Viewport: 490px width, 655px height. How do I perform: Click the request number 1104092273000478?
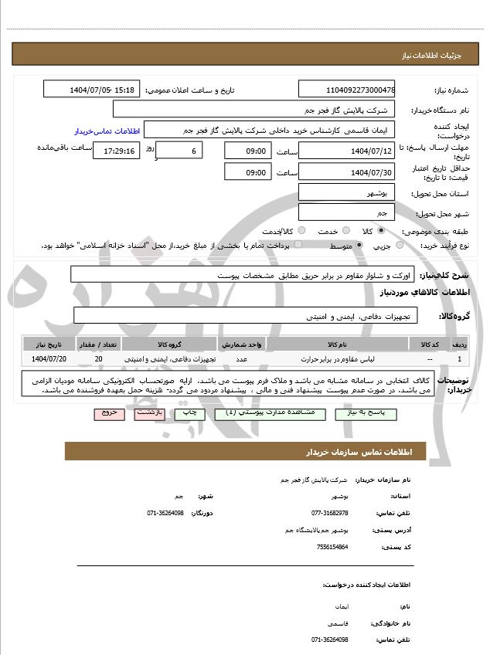pyautogui.click(x=346, y=90)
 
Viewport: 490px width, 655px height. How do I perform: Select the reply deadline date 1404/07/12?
pyautogui.click(x=346, y=151)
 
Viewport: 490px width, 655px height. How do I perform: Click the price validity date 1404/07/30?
pyautogui.click(x=346, y=172)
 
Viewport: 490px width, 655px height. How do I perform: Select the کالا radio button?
pyautogui.click(x=381, y=230)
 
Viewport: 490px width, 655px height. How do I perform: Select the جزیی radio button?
pyautogui.click(x=400, y=245)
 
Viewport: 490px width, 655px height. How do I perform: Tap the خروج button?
pyautogui.click(x=108, y=413)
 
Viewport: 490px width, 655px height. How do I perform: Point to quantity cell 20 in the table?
pyautogui.click(x=98, y=359)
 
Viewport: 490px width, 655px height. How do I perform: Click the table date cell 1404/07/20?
pyautogui.click(x=49, y=359)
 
